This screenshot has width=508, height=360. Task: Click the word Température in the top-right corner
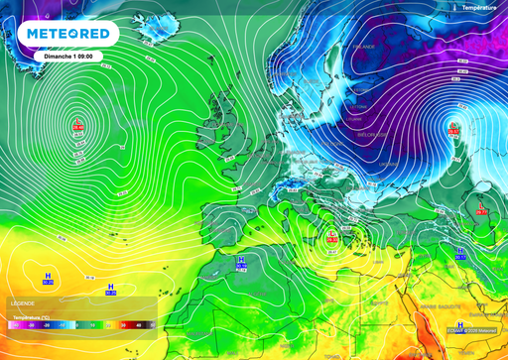pyautogui.click(x=481, y=7)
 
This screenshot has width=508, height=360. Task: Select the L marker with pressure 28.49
pyautogui.click(x=78, y=126)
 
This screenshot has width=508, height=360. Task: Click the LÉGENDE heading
pyautogui.click(x=23, y=302)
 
